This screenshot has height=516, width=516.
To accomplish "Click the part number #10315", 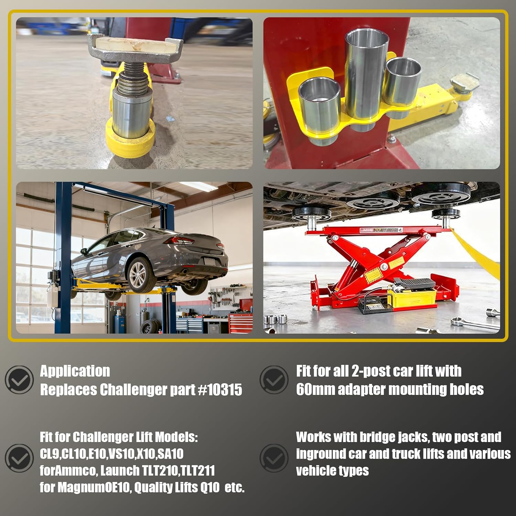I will point(221,390).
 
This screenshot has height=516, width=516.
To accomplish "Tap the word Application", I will point(75,371).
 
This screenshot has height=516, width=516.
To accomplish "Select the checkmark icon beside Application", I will point(19,380).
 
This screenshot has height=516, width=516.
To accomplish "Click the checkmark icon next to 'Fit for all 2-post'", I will point(274,380).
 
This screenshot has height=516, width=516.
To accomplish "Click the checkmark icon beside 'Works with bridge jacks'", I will point(274,458).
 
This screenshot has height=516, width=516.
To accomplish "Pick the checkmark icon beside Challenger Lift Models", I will point(19,458).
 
